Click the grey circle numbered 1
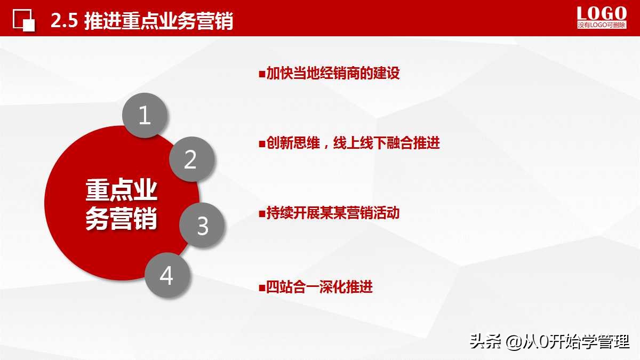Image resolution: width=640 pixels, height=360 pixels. point(145,116)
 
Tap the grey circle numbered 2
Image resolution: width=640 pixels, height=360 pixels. point(191,159)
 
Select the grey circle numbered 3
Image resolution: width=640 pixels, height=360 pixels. point(202,226)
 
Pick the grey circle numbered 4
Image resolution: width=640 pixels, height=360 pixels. point(167,276)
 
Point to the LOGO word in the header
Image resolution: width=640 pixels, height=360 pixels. point(602,13)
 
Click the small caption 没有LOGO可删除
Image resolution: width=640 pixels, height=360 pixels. point(602,25)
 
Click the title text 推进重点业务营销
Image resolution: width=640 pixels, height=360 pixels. point(159,21)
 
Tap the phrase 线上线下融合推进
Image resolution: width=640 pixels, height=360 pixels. point(387,143)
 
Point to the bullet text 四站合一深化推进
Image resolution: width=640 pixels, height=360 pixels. point(319,287)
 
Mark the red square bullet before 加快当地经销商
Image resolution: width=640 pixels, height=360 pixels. point(262,74)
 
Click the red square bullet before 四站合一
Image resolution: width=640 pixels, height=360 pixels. point(262,287)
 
